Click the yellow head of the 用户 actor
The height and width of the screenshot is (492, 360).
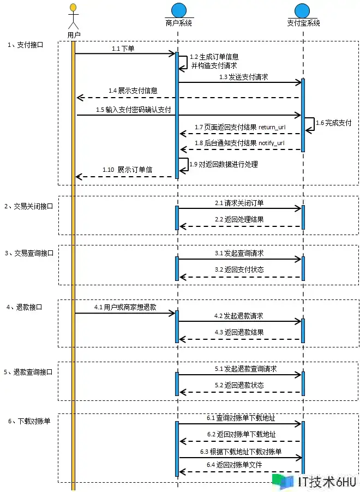pos(73,8)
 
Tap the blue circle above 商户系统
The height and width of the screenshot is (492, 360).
pos(178,10)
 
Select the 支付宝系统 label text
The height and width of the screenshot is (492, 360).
pos(303,23)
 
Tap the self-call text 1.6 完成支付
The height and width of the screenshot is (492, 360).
pos(333,123)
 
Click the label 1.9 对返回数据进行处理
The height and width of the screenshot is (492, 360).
pos(223,164)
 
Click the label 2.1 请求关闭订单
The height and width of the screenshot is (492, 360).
pos(240,203)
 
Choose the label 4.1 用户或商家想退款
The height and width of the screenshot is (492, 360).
pos(125,307)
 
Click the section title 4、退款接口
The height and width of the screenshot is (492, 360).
pos(24,307)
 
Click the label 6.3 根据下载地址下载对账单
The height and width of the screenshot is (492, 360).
pos(240,452)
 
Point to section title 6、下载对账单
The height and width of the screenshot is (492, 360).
pos(28,421)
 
